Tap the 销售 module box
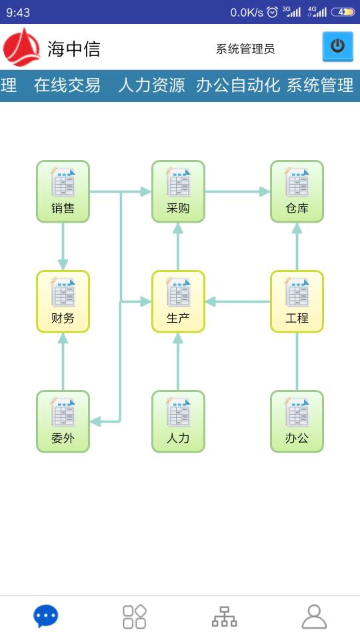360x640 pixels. click(x=63, y=191)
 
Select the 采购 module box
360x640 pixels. click(x=178, y=191)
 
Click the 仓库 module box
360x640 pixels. click(x=297, y=191)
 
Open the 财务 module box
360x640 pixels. click(x=63, y=301)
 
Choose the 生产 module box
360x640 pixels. click(x=178, y=301)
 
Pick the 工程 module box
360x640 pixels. click(x=297, y=301)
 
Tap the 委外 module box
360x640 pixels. click(x=63, y=421)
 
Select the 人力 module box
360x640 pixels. click(x=178, y=421)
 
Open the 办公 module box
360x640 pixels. click(x=297, y=421)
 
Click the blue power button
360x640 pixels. click(x=337, y=47)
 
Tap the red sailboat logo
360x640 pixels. click(x=21, y=47)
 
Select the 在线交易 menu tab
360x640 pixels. click(x=67, y=85)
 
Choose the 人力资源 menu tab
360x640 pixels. click(x=151, y=85)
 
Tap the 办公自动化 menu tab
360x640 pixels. click(x=237, y=85)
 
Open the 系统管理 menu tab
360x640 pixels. click(x=320, y=85)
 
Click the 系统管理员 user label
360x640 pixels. click(x=245, y=49)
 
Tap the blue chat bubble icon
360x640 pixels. click(x=46, y=616)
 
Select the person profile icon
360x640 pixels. click(x=314, y=617)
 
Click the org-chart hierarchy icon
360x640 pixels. click(x=224, y=617)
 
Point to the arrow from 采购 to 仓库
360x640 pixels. click(x=237, y=191)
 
